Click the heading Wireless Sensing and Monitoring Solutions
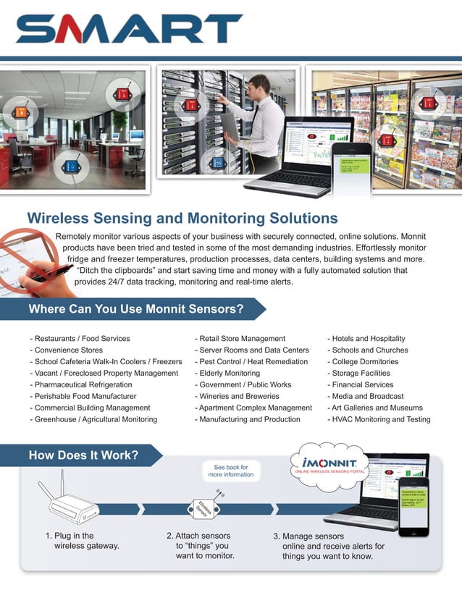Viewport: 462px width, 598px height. pyautogui.click(x=182, y=218)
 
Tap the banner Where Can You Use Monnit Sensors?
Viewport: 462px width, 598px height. pyautogui.click(x=135, y=310)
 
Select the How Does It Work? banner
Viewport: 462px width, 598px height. pyautogui.click(x=83, y=456)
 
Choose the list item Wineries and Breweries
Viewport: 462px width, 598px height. pyautogui.click(x=237, y=397)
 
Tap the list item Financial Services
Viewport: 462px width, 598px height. pyautogui.click(x=361, y=385)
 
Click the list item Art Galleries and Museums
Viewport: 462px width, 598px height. pyautogui.click(x=376, y=408)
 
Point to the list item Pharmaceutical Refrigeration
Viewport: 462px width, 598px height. pyautogui.click(x=81, y=385)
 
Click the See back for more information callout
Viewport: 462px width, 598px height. pyautogui.click(x=231, y=471)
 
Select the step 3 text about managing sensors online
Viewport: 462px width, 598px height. pyautogui.click(x=328, y=546)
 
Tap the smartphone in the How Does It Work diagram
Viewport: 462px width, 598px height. pyautogui.click(x=413, y=505)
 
